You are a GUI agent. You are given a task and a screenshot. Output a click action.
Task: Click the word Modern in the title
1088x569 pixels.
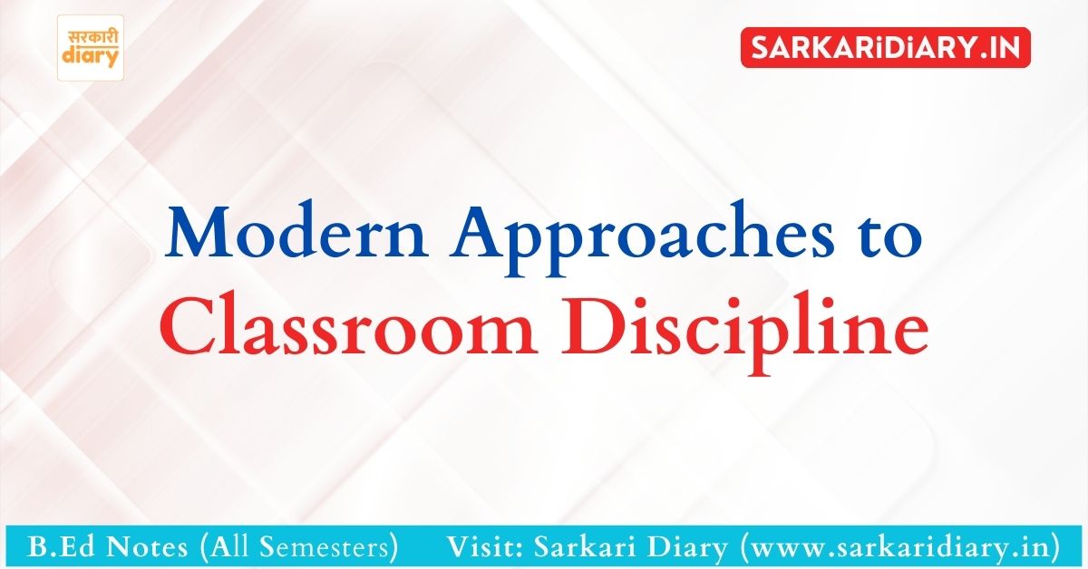(296, 232)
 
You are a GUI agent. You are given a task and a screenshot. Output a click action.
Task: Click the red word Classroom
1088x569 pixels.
(348, 327)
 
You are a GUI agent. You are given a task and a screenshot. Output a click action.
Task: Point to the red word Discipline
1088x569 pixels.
(744, 333)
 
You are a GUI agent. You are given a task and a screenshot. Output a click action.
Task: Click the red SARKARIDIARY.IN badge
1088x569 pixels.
(886, 48)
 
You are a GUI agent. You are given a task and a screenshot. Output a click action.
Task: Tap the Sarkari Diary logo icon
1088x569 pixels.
(91, 48)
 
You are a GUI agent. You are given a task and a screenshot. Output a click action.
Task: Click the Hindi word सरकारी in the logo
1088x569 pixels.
(92, 37)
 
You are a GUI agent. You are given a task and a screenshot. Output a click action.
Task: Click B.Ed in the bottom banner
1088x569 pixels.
(59, 546)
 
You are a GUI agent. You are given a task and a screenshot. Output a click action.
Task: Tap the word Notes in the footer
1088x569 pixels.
(147, 547)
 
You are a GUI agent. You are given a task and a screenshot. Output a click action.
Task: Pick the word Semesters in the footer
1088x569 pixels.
(325, 547)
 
